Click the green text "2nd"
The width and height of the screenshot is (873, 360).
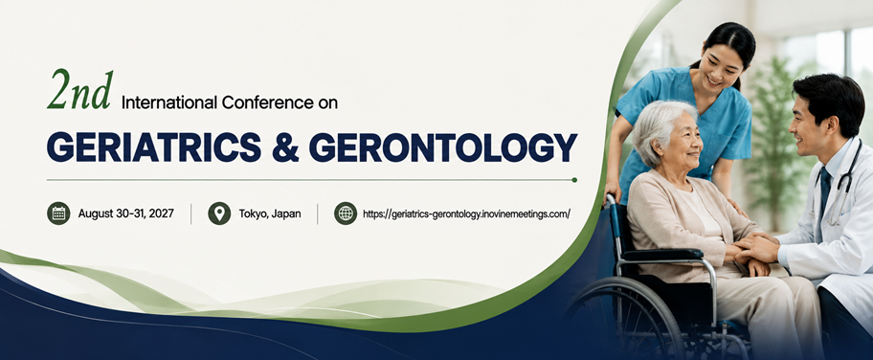[80, 90]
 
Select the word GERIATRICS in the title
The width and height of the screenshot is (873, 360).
[154, 147]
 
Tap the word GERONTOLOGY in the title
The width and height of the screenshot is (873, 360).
[442, 147]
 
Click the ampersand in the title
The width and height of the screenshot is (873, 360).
[285, 147]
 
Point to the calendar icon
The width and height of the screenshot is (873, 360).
[58, 213]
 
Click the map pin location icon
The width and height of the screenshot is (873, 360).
[219, 213]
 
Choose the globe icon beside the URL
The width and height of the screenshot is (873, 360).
[346, 213]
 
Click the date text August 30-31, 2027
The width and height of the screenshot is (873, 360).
[125, 214]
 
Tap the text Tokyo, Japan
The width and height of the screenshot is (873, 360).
[270, 214]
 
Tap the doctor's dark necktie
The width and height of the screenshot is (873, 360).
[824, 195]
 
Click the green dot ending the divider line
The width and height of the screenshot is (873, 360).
[574, 180]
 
